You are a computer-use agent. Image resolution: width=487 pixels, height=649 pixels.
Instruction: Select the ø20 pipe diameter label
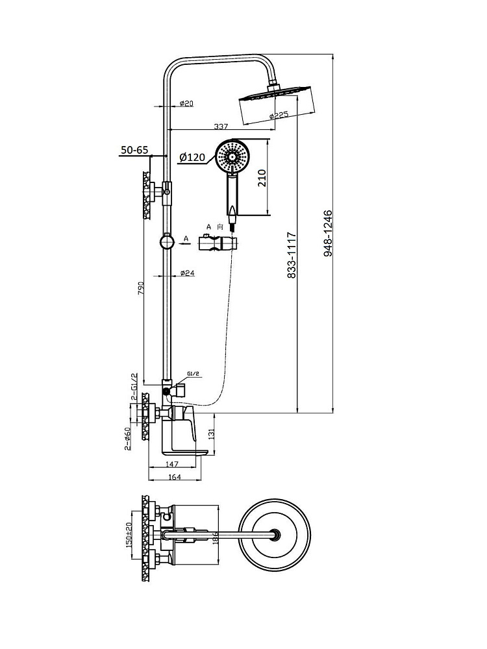186,104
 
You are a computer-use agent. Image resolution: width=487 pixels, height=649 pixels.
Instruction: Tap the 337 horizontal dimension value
221,126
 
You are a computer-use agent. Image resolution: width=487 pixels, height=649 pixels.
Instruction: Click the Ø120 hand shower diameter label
192,157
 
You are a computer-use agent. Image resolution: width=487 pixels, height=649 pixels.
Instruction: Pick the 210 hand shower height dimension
262,177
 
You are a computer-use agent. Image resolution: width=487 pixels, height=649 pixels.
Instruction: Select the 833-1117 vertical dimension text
291,255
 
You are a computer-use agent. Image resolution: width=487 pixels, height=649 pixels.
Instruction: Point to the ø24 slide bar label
187,273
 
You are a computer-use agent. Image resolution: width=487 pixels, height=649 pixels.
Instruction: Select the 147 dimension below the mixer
172,465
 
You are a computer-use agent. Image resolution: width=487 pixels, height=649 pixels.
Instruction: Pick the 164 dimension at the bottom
175,476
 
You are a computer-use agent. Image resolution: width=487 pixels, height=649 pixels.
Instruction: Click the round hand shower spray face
231,156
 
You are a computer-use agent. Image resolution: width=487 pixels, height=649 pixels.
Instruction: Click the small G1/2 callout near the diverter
193,374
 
